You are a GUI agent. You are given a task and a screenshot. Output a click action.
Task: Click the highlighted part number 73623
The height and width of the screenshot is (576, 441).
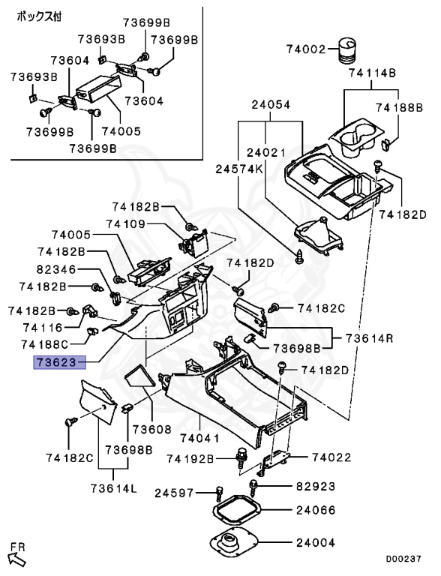click(x=59, y=362)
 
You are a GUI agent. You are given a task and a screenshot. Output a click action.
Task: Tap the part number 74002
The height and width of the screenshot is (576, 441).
click(x=306, y=49)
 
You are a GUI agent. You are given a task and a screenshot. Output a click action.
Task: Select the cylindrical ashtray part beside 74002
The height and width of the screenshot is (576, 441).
click(x=346, y=50)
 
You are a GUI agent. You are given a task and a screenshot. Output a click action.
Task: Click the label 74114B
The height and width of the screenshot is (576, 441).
click(x=372, y=73)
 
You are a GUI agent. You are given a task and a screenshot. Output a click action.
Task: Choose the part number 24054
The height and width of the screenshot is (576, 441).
click(x=271, y=105)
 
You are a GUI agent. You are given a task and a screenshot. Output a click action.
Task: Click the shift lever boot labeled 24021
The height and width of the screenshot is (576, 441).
click(x=319, y=235)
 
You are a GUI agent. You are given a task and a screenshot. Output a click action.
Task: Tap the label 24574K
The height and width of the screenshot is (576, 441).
click(x=239, y=169)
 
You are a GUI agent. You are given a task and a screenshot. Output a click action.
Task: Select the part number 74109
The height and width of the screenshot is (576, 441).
click(x=126, y=224)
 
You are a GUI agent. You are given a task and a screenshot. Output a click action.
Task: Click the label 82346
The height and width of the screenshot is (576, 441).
click(x=56, y=270)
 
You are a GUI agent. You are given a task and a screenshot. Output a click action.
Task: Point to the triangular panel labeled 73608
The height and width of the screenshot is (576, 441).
click(x=140, y=375)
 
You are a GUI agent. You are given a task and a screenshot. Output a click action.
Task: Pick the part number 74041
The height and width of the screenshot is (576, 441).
click(x=199, y=438)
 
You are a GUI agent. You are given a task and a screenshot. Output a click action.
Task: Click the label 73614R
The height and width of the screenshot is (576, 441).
click(x=369, y=338)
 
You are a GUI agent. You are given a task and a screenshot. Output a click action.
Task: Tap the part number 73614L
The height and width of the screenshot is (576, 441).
click(x=113, y=488)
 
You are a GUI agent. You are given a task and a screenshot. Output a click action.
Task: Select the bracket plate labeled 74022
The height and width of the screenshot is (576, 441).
click(x=276, y=461)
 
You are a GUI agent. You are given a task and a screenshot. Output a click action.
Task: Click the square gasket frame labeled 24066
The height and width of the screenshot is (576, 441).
click(x=238, y=509)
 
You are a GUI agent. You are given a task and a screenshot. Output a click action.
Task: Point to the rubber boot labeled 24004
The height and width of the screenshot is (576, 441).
click(x=234, y=542)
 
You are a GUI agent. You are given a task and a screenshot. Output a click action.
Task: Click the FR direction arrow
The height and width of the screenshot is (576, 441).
click(x=17, y=559)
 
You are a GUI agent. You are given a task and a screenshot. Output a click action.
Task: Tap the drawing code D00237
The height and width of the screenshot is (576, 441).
click(x=403, y=559)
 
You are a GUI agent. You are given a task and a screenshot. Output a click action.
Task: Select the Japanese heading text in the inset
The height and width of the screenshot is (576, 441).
click(x=39, y=16)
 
